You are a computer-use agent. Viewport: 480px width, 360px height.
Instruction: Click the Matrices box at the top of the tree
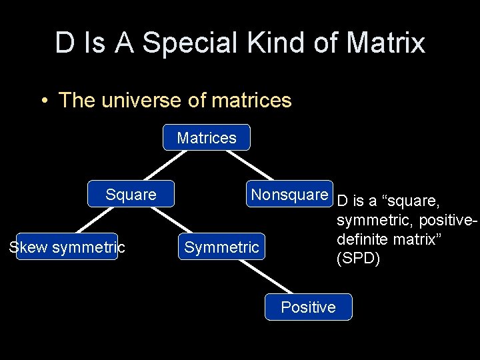coord(207,138)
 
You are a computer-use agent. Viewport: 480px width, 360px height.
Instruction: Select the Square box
coord(131,195)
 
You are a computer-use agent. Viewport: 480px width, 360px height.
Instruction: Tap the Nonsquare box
coord(289,195)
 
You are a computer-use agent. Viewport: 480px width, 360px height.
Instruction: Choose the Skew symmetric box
coord(67,247)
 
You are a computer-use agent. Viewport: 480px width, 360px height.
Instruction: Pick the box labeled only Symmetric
coord(221,247)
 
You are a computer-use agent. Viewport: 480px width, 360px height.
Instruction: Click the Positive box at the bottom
coord(308,307)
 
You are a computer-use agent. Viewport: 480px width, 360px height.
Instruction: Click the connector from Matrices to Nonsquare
coord(250,165)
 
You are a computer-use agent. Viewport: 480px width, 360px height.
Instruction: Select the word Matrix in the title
coord(386,43)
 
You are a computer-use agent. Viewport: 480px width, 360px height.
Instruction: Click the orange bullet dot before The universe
coord(43,101)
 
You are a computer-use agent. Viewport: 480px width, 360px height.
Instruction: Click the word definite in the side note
coord(362,239)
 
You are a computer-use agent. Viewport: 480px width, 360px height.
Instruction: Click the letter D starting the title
coord(65,43)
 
